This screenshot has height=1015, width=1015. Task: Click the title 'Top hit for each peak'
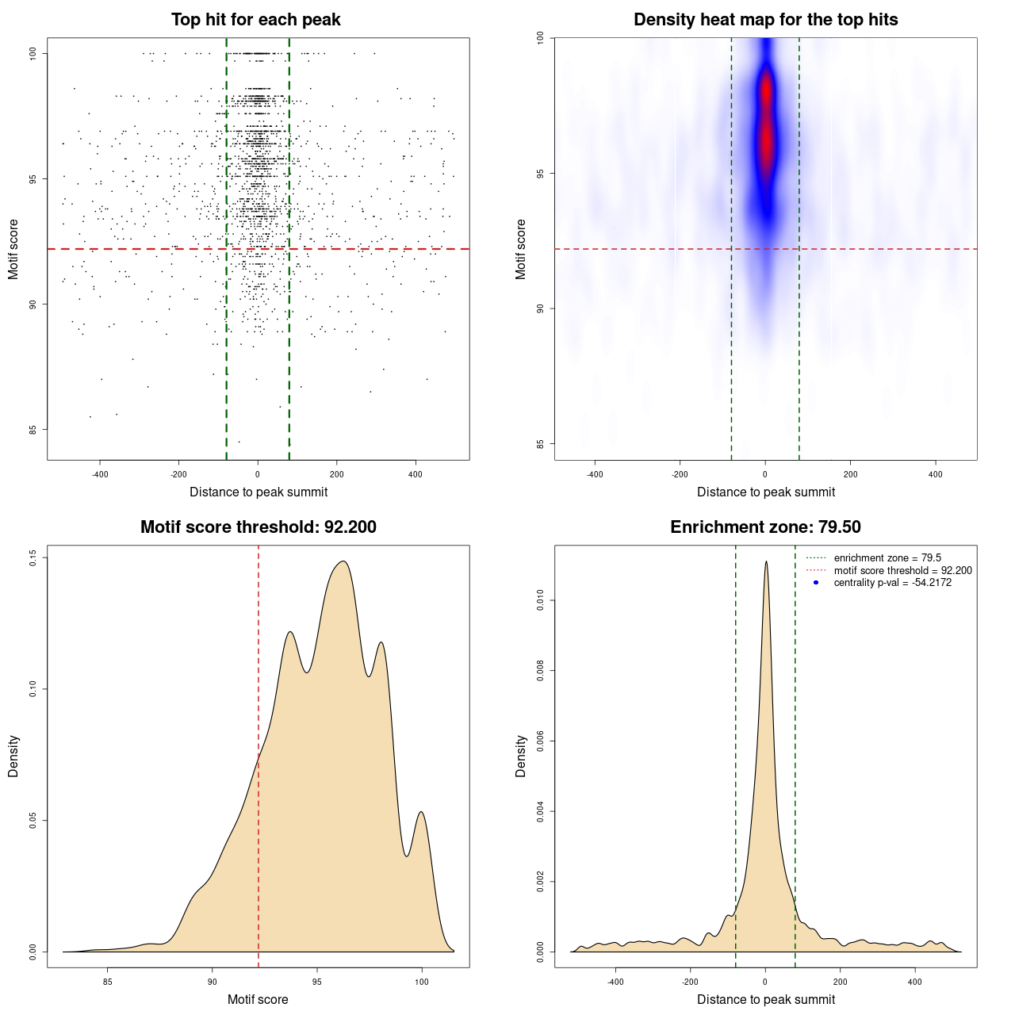(256, 20)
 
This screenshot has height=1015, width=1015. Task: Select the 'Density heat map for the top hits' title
(765, 20)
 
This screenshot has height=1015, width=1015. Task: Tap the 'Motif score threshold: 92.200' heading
(258, 527)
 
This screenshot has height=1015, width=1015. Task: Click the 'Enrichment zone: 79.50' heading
(765, 527)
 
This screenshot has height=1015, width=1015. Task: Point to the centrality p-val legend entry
(892, 583)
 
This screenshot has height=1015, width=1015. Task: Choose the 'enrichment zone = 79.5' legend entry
(887, 558)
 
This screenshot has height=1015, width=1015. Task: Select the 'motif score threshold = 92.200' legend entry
(902, 571)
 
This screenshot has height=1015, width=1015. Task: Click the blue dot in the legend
(816, 583)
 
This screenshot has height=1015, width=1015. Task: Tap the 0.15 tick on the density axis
(33, 558)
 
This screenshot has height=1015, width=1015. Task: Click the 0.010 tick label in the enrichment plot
(540, 601)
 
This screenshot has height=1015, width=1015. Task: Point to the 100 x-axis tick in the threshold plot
(421, 982)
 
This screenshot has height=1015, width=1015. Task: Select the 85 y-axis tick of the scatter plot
(33, 430)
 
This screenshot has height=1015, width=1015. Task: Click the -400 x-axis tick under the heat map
(595, 474)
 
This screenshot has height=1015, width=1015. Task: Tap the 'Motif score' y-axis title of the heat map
(521, 249)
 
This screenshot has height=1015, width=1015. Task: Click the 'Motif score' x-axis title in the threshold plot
(258, 999)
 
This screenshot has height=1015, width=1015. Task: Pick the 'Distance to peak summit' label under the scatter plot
(259, 492)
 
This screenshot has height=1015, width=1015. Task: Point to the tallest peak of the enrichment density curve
(766, 561)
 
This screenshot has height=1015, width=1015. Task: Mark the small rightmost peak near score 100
(421, 812)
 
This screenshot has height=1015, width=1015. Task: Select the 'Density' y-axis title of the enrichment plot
(521, 756)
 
